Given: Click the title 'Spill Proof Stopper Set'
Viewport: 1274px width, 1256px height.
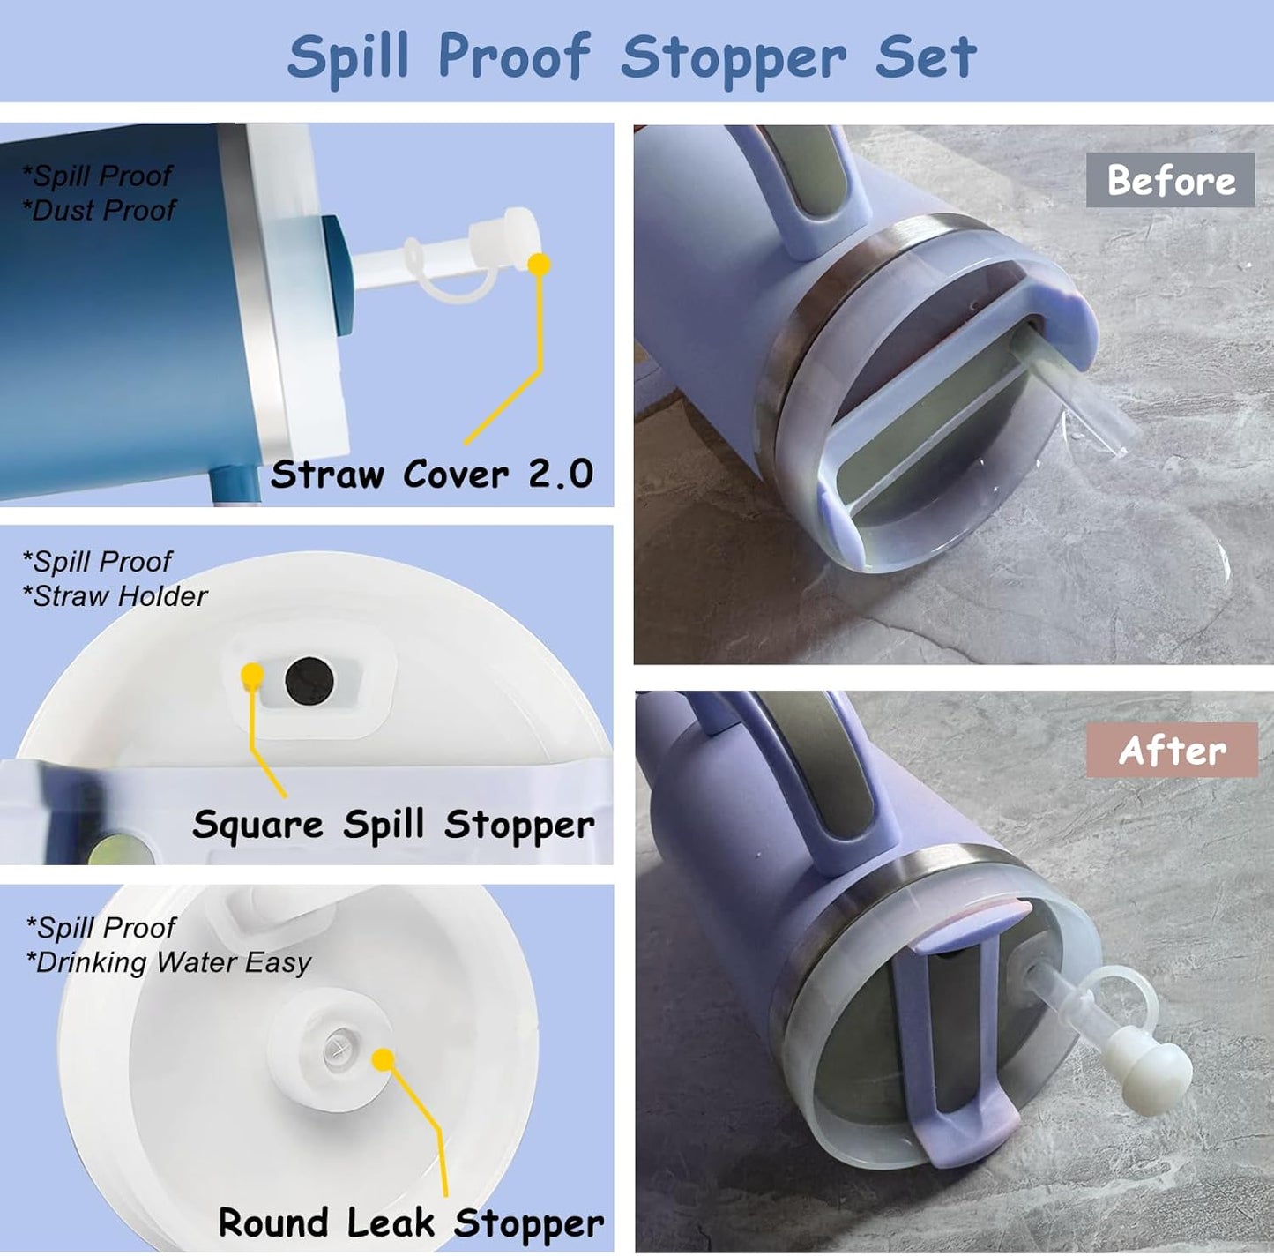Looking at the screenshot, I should click(x=632, y=56).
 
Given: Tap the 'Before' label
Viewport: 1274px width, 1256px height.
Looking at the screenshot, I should click(x=1170, y=181).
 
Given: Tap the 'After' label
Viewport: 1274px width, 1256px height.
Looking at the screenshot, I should click(x=1172, y=751).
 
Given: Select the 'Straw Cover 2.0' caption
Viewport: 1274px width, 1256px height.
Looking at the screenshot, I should click(x=431, y=475).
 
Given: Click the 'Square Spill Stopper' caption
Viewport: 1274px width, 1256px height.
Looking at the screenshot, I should click(x=393, y=825).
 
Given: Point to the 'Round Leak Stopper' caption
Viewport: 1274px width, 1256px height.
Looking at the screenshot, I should click(x=411, y=1222).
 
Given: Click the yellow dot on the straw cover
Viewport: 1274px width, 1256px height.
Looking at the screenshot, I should click(x=539, y=264).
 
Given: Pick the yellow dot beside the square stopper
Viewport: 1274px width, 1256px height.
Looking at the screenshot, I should click(x=253, y=675).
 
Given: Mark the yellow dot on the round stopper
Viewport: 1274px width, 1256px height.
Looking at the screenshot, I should click(x=383, y=1059).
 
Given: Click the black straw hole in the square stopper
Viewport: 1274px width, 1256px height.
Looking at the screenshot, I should click(x=309, y=680).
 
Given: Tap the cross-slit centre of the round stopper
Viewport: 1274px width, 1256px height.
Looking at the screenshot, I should click(x=336, y=1049).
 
